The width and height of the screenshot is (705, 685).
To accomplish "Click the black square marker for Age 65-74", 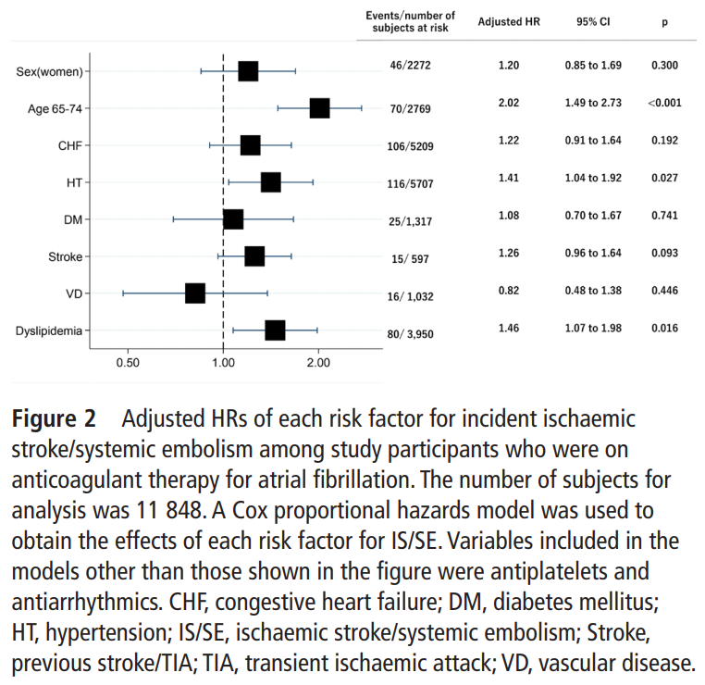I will pos(319,108).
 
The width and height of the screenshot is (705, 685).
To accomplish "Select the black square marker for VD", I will pos(194,293).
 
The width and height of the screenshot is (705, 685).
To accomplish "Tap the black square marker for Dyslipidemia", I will pos(275,330).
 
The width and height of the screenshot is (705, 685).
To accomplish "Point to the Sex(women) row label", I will pos(51,71).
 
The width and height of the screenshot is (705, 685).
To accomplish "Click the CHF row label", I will pos(69,145).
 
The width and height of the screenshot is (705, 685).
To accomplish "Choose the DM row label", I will pos(73,219).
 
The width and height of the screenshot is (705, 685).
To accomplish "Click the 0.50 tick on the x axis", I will pos(128,363).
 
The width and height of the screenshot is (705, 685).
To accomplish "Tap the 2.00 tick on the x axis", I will pos(318,363).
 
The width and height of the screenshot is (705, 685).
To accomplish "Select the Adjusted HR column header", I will pos(507,21).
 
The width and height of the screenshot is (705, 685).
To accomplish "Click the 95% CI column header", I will pos(592,21).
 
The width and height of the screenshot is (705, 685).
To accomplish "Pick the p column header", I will pos(664,21).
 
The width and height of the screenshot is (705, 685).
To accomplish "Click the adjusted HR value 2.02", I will pos(508,103).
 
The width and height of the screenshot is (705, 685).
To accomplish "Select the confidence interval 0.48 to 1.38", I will pos(593,292).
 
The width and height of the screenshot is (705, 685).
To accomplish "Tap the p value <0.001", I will pos(664,103).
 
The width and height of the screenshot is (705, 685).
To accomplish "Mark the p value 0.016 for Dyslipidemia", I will pos(664,329).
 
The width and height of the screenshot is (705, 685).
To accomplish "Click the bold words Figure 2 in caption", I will pos(54,418).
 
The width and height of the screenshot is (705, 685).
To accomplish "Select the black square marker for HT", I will pos(270,182).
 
